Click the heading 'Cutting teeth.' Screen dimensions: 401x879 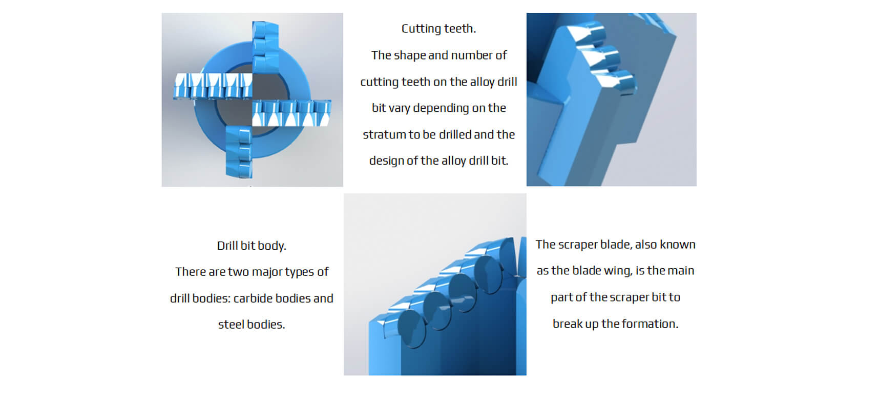[x=438, y=29]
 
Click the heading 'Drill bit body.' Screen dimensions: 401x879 [x=252, y=246]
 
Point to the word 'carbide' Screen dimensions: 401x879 [x=252, y=298]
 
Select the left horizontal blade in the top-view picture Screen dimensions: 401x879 [x=213, y=85]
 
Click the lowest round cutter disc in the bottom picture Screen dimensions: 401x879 [x=411, y=328]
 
